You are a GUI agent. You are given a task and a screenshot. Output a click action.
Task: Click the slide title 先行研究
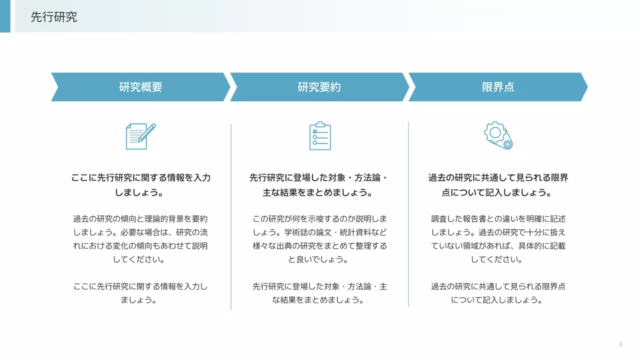54,17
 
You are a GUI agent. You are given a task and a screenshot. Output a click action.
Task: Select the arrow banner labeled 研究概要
140,87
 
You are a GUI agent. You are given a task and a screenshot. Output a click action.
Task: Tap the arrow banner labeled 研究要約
319,87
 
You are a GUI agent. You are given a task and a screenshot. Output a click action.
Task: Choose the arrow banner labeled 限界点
498,87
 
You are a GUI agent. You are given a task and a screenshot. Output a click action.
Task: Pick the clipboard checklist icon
320,135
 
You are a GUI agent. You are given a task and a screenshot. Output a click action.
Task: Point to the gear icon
498,135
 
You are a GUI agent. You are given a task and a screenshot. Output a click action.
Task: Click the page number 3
620,344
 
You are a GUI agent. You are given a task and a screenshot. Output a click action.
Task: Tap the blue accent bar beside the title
5,16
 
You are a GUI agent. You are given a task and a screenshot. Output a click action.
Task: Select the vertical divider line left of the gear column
408,215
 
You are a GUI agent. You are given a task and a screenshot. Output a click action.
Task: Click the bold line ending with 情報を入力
140,178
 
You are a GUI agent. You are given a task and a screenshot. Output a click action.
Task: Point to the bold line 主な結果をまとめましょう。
319,192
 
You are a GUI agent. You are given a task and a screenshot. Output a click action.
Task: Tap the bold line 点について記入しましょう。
498,192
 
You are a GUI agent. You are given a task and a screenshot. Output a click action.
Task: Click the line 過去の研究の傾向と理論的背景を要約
140,219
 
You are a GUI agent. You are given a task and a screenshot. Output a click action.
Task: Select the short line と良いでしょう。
319,259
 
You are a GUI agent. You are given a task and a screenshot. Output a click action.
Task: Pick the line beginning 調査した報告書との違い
498,219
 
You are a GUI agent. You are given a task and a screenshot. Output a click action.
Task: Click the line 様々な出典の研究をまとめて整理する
319,246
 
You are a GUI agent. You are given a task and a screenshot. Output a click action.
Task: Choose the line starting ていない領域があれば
498,246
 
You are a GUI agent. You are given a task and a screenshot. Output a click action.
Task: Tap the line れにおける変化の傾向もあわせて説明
140,246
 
